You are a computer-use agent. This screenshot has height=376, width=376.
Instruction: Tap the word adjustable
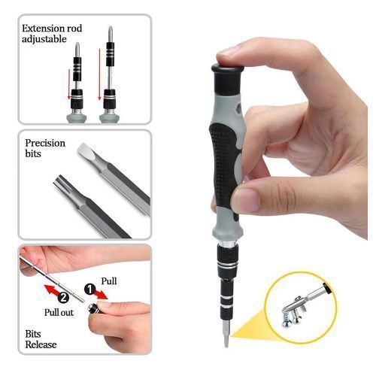pyautogui.click(x=44, y=39)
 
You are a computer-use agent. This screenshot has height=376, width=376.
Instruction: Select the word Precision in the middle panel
pyautogui.click(x=45, y=143)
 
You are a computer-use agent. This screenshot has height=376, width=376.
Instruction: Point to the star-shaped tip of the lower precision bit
pyautogui.click(x=59, y=181)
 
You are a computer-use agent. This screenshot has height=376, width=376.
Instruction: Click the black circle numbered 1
pyautogui.click(x=89, y=289)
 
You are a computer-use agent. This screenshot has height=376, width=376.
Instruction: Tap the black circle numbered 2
pyautogui.click(x=63, y=298)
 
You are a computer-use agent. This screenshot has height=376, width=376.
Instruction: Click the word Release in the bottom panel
pyautogui.click(x=41, y=344)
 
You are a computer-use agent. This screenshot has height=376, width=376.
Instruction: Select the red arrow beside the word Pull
pyautogui.click(x=102, y=294)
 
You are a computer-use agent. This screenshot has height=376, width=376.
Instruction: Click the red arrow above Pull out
pyautogui.click(x=52, y=290)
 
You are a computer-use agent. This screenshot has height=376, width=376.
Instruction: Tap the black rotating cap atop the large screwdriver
pyautogui.click(x=227, y=79)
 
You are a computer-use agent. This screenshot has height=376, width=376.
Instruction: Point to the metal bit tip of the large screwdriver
pyautogui.click(x=226, y=333)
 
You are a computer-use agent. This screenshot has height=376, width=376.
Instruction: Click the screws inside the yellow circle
pyautogui.click(x=294, y=316)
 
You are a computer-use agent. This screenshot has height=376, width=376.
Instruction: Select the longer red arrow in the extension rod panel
pyautogui.click(x=99, y=74)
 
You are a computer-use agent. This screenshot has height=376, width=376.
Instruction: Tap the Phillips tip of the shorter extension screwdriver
pyautogui.click(x=77, y=49)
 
